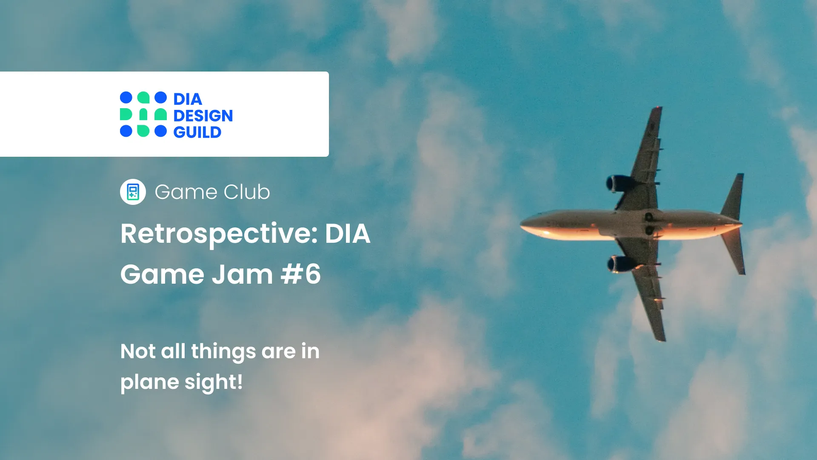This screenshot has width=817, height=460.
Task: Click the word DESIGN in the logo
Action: [203, 116]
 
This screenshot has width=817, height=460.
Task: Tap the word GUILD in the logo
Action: [197, 132]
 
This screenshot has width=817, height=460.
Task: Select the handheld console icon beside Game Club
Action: [133, 192]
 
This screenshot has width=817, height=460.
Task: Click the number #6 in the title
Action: [300, 274]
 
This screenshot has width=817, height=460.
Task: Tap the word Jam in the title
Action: [242, 274]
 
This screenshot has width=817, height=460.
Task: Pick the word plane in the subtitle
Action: [149, 382]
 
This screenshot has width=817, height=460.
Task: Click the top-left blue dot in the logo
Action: [126, 98]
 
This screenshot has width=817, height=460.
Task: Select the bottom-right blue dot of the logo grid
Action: [160, 131]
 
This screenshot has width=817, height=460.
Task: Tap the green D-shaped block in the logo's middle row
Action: [126, 114]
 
